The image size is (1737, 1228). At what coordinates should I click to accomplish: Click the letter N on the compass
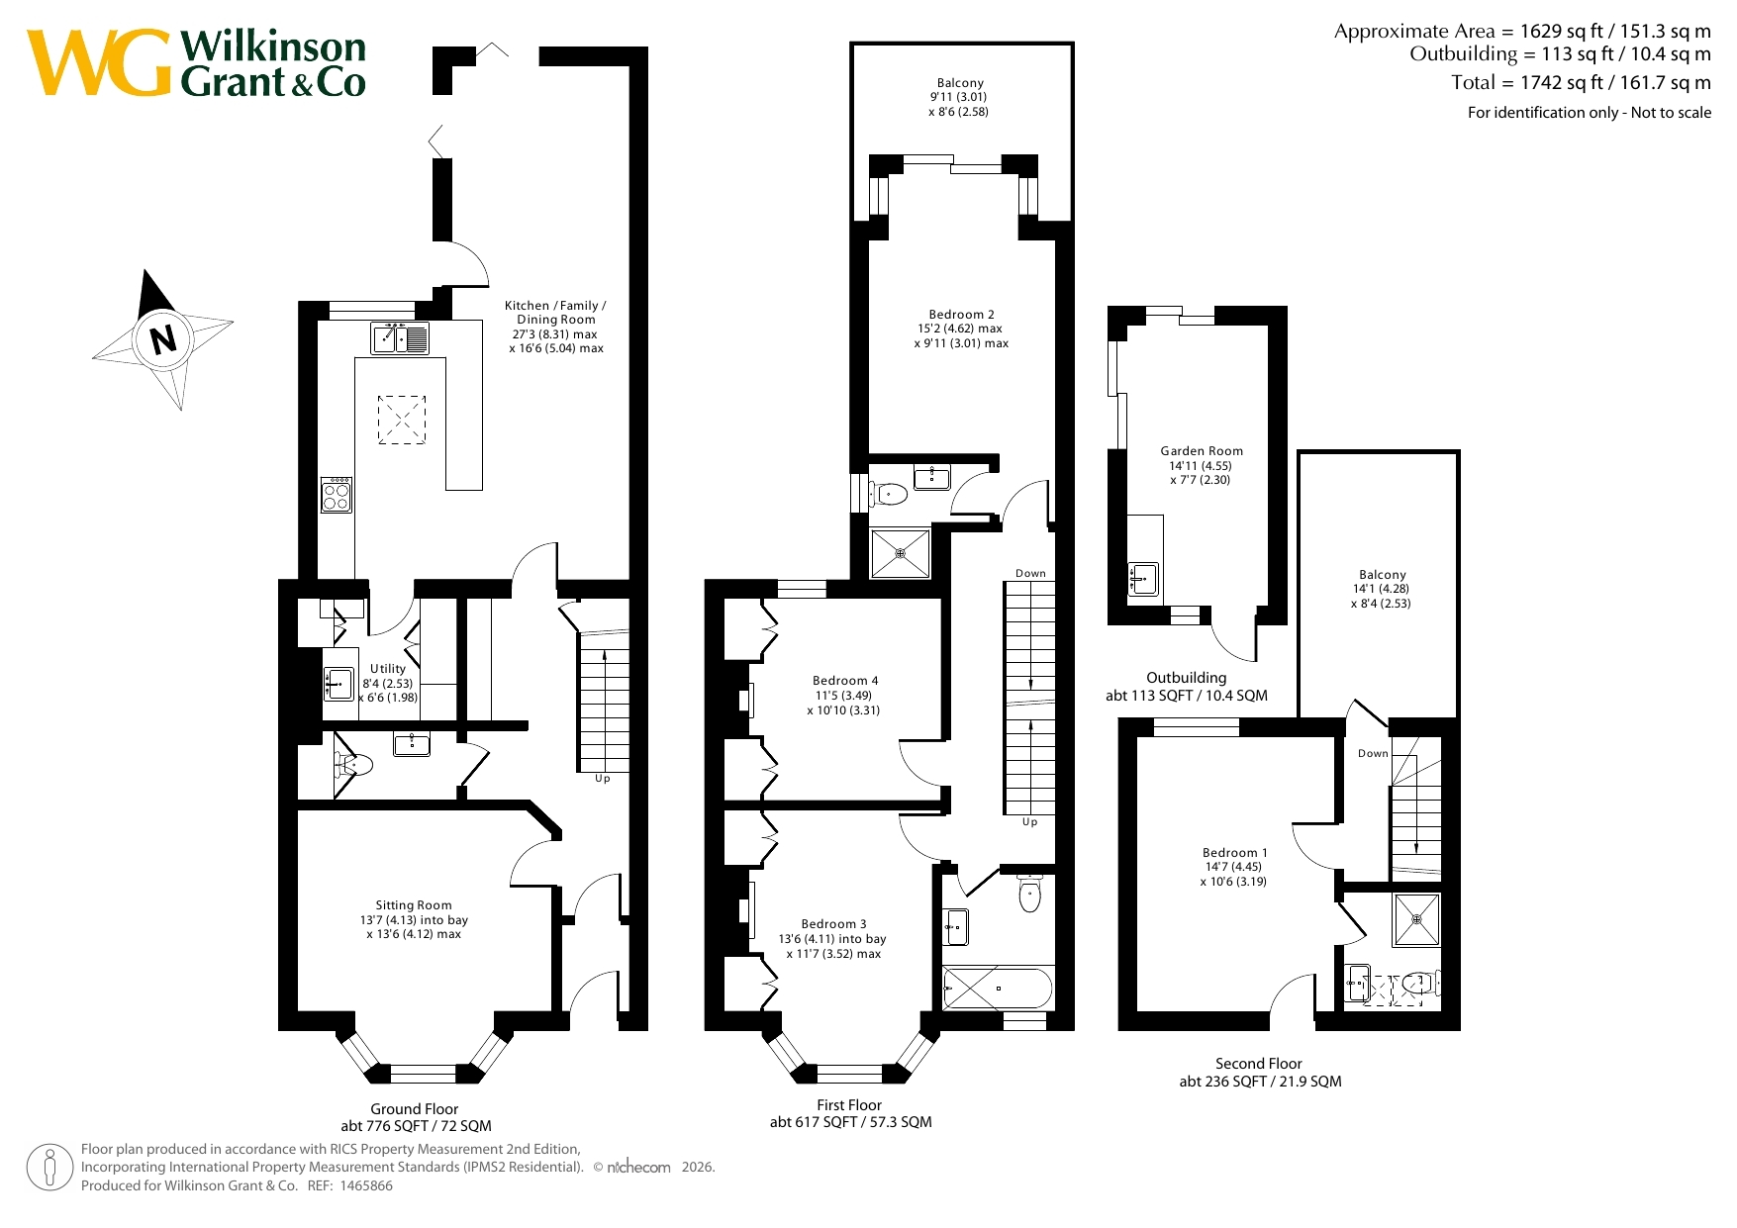(x=163, y=338)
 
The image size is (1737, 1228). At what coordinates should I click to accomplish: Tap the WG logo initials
(x=100, y=63)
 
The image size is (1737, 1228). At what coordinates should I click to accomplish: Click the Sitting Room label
(x=414, y=905)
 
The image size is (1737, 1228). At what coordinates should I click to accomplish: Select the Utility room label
(x=388, y=669)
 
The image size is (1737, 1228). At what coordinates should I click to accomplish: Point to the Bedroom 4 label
(x=845, y=681)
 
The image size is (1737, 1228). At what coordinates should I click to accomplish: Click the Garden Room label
(x=1202, y=451)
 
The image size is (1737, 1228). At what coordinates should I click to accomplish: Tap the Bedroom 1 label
(x=1234, y=853)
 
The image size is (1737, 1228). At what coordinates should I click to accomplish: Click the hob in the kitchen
(x=337, y=494)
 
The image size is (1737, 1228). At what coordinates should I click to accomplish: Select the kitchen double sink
(x=400, y=338)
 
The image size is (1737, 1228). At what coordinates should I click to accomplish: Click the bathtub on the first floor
(x=998, y=988)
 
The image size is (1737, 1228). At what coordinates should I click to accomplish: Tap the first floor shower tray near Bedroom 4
(x=901, y=554)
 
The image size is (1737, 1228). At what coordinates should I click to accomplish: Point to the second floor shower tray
(x=1417, y=919)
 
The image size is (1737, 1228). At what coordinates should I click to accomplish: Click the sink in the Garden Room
(x=1144, y=579)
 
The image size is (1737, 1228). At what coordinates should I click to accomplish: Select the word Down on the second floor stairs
(x=1373, y=754)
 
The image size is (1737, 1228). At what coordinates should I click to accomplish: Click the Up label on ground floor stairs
(x=603, y=779)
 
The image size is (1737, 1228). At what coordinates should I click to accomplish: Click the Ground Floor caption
(x=415, y=1109)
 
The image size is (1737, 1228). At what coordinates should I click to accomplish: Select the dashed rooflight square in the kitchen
(x=402, y=420)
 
